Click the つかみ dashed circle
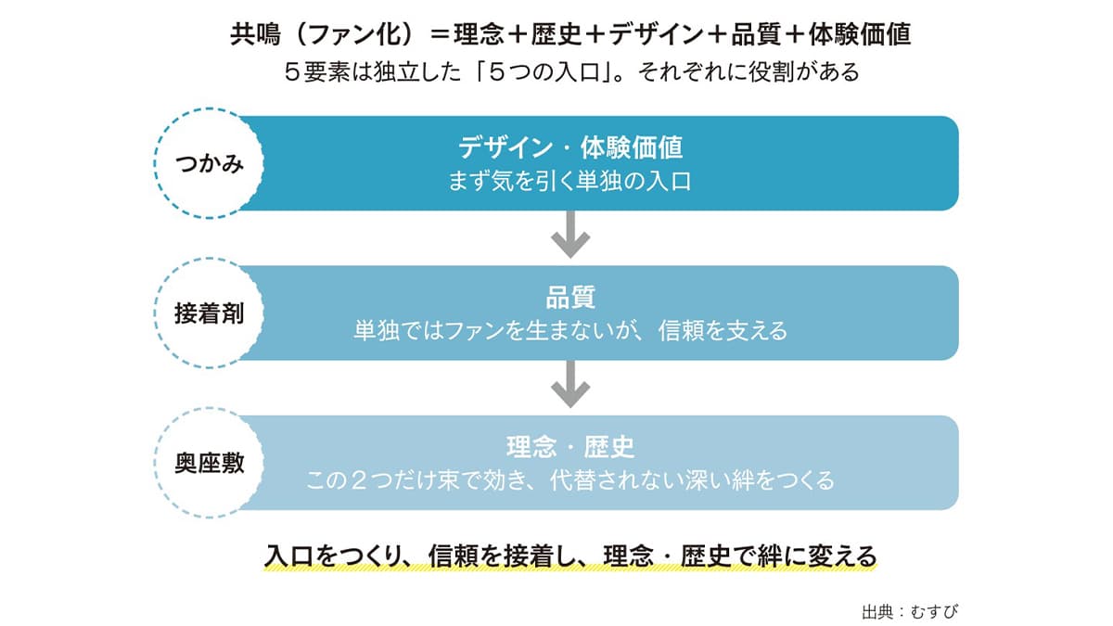(x=155, y=164)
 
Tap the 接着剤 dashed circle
(x=155, y=313)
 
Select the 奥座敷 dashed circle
(x=155, y=463)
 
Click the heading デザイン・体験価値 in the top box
(x=569, y=147)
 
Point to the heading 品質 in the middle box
(x=570, y=297)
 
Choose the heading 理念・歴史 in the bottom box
(x=570, y=447)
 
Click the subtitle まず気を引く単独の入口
(x=569, y=182)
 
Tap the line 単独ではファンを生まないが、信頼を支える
(x=570, y=331)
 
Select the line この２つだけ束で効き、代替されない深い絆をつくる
(x=570, y=480)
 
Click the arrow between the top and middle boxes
(x=570, y=234)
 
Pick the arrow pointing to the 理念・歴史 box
(x=570, y=384)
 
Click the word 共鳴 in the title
(x=255, y=34)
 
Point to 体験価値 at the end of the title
(x=860, y=34)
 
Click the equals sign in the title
(x=441, y=35)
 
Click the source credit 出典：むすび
(x=910, y=611)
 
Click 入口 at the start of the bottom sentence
(x=289, y=556)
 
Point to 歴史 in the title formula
(x=556, y=34)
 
